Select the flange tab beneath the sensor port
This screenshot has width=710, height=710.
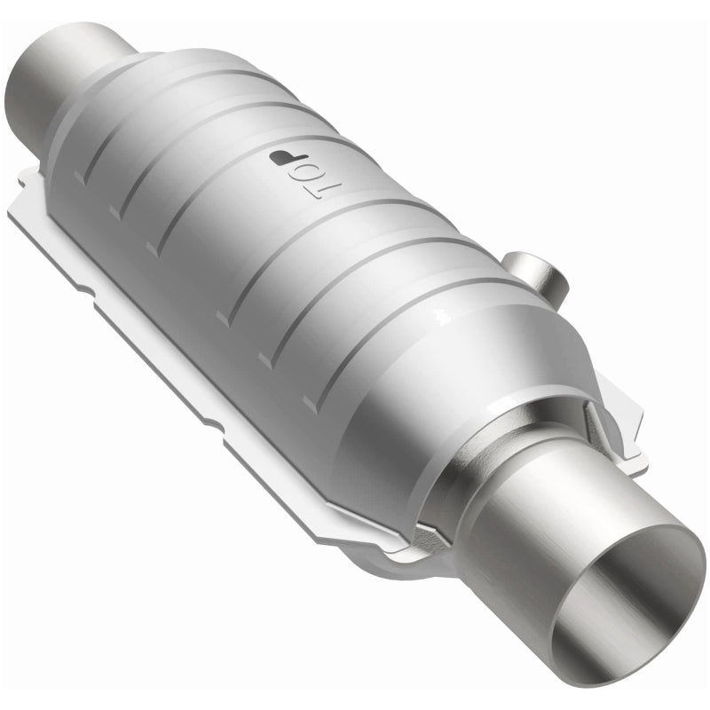(621, 426)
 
